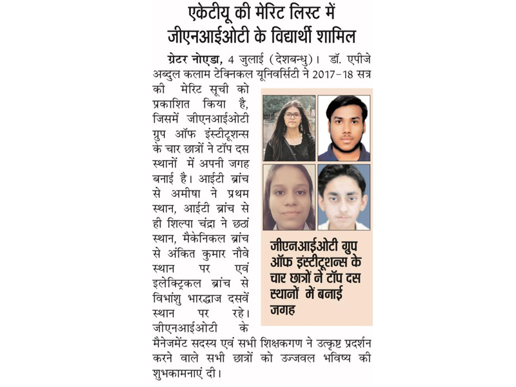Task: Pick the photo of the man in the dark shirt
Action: point(344,128)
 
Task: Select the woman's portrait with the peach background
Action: point(289,197)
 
